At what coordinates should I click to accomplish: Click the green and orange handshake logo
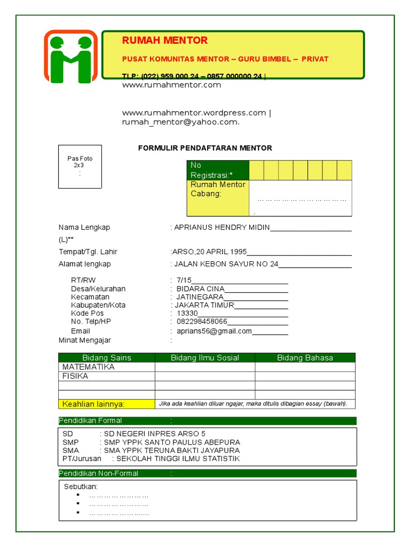coord(70,56)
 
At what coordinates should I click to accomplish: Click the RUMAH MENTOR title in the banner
coord(165,41)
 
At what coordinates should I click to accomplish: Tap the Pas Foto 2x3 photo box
coord(80,166)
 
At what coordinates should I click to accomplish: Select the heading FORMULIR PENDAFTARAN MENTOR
coord(205,148)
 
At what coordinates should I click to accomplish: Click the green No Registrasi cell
coord(217,170)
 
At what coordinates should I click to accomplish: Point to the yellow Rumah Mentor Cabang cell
coord(217,198)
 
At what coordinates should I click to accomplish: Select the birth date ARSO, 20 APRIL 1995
coord(209,252)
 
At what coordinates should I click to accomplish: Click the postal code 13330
coord(187,314)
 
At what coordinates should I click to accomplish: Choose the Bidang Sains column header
coord(107,358)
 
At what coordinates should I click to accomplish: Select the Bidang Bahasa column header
coord(305,358)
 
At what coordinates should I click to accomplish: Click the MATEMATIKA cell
coord(89,367)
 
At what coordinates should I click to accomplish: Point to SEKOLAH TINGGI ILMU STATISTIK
coord(178,458)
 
